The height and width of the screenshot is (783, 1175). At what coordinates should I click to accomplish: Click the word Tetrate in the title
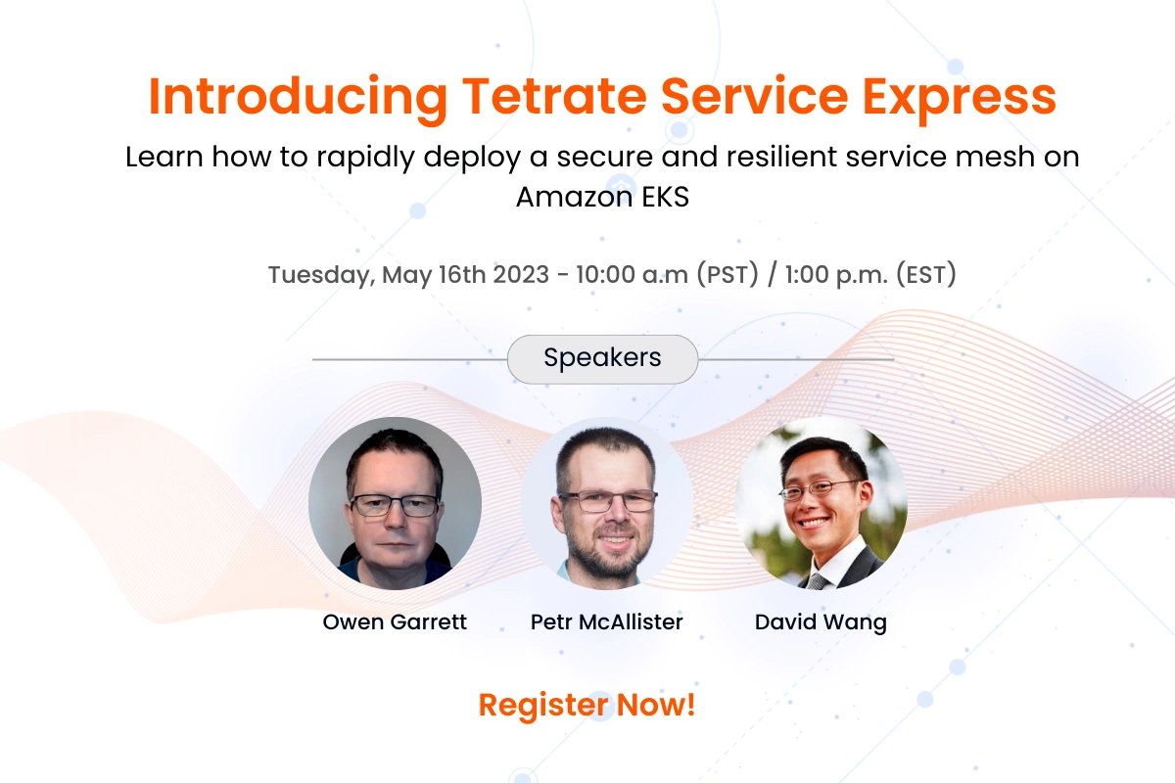(554, 97)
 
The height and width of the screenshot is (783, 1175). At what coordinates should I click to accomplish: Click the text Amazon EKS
(602, 197)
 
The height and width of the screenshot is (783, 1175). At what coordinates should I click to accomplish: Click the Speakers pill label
(602, 359)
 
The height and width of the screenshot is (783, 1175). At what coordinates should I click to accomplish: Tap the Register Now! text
(587, 705)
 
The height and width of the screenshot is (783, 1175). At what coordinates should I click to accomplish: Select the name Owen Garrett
(395, 622)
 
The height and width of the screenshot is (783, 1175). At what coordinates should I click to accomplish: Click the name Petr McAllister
(606, 622)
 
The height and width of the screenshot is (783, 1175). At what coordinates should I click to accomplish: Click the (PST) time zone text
(728, 274)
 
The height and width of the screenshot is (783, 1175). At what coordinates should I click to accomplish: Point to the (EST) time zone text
(926, 274)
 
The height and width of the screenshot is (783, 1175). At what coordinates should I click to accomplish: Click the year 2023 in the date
(521, 274)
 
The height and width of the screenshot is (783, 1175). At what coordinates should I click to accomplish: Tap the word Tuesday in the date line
(321, 275)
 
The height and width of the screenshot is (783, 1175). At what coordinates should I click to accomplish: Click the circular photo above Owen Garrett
(395, 503)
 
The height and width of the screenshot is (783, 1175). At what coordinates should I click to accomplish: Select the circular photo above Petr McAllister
(607, 503)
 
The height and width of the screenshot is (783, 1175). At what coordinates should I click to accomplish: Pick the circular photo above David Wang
(821, 503)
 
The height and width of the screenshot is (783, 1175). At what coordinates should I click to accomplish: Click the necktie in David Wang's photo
(817, 581)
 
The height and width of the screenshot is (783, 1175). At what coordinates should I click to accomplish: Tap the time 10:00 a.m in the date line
(633, 274)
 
